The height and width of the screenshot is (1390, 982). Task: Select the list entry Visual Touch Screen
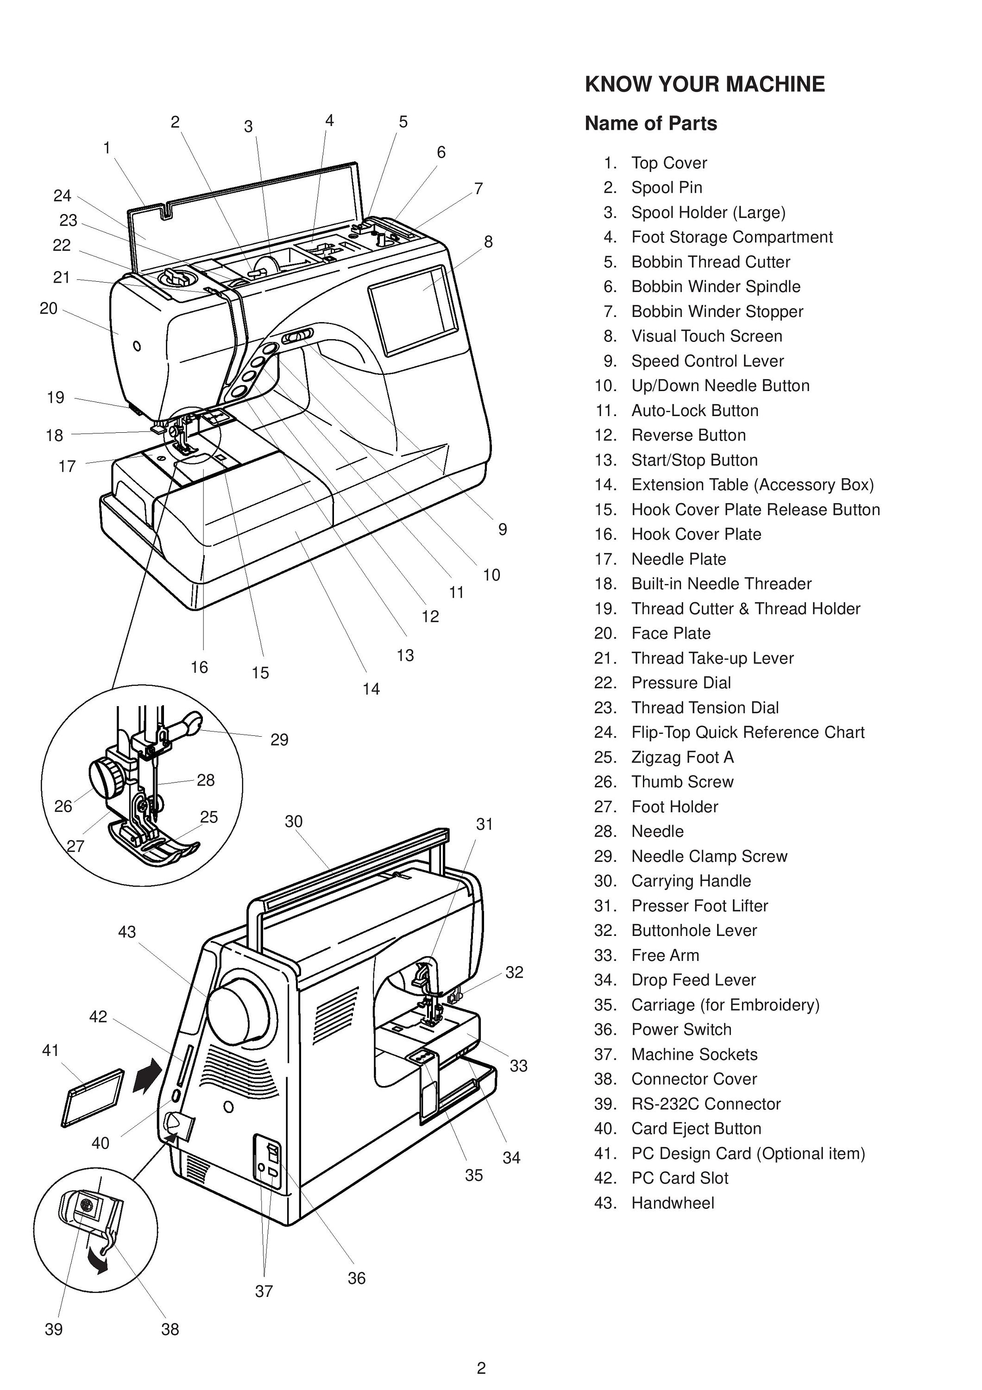click(706, 336)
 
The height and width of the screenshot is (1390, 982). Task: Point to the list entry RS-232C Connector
click(705, 1104)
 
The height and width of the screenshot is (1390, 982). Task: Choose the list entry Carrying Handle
click(691, 881)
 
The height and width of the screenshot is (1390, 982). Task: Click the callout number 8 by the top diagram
click(488, 241)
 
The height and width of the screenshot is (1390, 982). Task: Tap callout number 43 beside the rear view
click(127, 932)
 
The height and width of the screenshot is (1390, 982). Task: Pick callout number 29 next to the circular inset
click(279, 739)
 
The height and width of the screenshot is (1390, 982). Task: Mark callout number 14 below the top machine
click(371, 689)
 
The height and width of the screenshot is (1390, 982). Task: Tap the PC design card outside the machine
click(93, 1098)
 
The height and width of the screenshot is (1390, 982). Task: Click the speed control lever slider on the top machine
click(297, 336)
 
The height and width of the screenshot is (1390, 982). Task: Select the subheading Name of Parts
click(650, 124)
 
